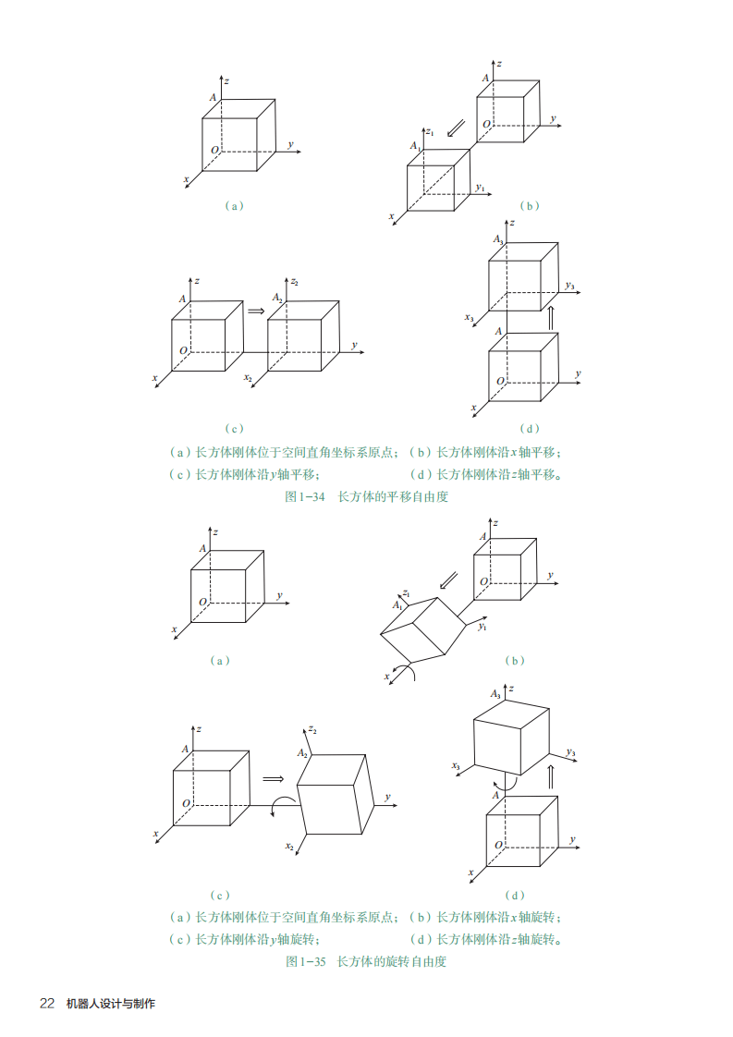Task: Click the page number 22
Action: tap(47, 1004)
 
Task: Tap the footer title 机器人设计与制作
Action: tap(111, 1004)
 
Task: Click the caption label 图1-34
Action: tap(305, 496)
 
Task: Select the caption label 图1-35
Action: tap(306, 961)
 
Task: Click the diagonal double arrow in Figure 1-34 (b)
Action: tap(456, 128)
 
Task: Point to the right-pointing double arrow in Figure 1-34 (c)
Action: tap(256, 311)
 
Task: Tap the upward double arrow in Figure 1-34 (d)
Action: tap(550, 317)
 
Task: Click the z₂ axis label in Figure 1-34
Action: tap(294, 282)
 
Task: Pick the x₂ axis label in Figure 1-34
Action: tap(248, 378)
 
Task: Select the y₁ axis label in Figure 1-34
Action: tap(481, 188)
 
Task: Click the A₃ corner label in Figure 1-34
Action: tap(497, 239)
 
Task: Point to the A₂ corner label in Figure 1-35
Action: tap(302, 753)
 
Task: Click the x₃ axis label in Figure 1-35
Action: tap(456, 766)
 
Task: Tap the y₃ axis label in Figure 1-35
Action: tap(571, 752)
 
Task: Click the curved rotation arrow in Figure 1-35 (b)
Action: tap(405, 672)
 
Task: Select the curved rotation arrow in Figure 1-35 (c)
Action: tap(283, 805)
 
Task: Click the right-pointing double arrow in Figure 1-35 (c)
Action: tap(274, 779)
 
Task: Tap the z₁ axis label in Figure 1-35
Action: tap(406, 594)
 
